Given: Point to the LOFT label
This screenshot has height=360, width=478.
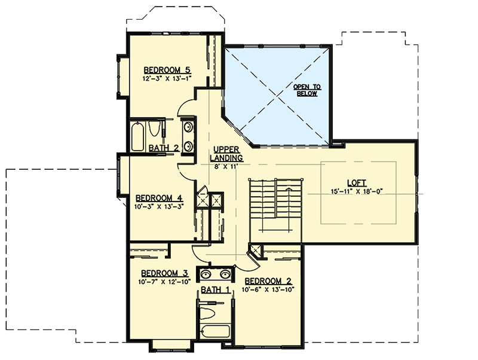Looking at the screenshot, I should [x=357, y=183].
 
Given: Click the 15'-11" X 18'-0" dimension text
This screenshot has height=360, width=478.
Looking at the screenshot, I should [x=357, y=191].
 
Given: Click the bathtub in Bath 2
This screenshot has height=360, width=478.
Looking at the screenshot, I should [x=137, y=136].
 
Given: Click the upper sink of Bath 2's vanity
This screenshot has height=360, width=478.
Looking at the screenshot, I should [x=188, y=127].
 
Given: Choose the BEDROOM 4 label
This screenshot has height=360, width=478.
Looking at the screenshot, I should [x=158, y=198].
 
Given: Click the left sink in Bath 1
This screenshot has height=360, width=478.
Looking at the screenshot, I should [x=207, y=275].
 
